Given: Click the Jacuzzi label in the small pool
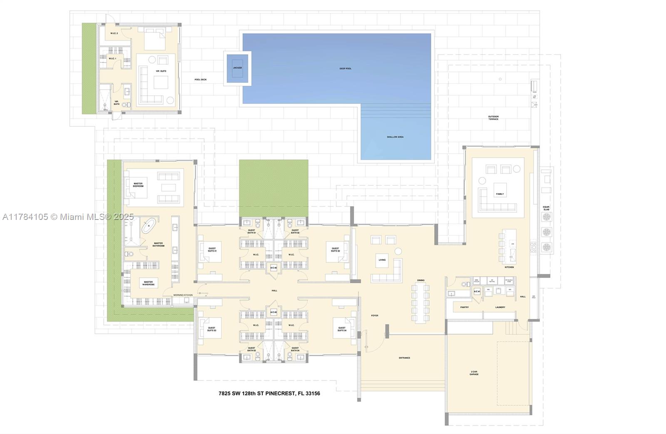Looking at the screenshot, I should pyautogui.click(x=237, y=67).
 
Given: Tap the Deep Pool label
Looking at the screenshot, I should pyautogui.click(x=345, y=68).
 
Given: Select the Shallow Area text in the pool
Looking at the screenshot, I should pyautogui.click(x=395, y=137).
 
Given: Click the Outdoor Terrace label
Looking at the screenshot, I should pyautogui.click(x=493, y=118).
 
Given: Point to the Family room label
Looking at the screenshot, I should pyautogui.click(x=500, y=194).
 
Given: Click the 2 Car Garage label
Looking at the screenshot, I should pyautogui.click(x=474, y=373).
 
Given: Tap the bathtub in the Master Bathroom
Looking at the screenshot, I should pyautogui.click(x=148, y=226).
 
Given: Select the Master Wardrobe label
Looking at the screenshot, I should pyautogui.click(x=148, y=283).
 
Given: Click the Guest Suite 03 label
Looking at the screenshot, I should pyautogui.click(x=212, y=329).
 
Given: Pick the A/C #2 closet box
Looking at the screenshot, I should pyautogui.click(x=273, y=268).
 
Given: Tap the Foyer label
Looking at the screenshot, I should pyautogui.click(x=375, y=316).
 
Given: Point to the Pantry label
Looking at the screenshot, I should pyautogui.click(x=465, y=307).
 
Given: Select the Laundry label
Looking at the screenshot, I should pyautogui.click(x=500, y=307).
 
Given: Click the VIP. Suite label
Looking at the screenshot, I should pyautogui.click(x=161, y=71).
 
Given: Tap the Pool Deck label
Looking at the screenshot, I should pyautogui.click(x=200, y=80).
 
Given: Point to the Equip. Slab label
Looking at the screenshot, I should pyautogui.click(x=546, y=208).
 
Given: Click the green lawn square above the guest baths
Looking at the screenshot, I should pyautogui.click(x=273, y=188).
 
